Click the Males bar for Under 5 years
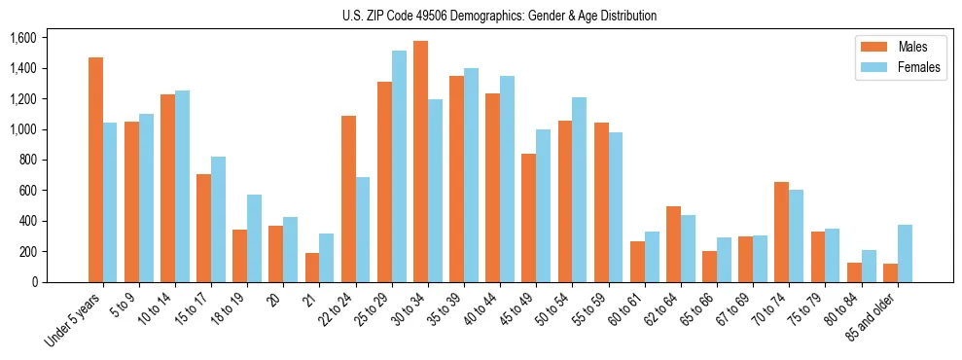point(95,169)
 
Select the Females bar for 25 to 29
point(399,166)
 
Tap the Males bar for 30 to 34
point(420,162)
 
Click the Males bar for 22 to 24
point(348,198)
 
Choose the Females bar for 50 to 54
point(580,190)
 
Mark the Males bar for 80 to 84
point(854,272)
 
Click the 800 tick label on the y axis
point(28,160)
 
